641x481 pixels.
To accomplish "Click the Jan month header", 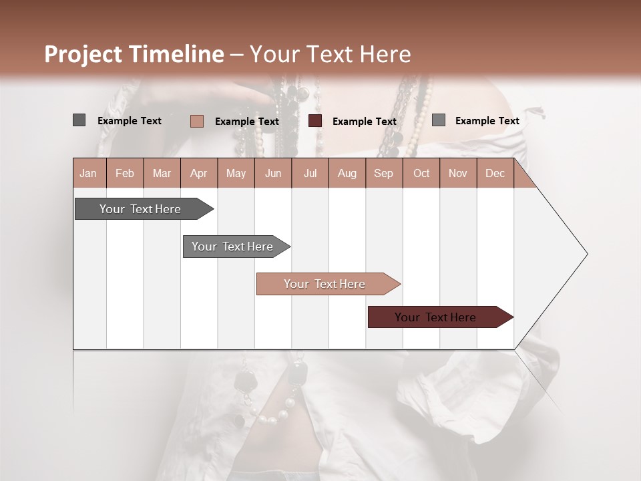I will [x=88, y=173].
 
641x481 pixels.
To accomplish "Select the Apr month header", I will [x=198, y=173].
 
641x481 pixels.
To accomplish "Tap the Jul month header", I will [x=310, y=173].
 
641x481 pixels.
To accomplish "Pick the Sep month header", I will [x=383, y=173].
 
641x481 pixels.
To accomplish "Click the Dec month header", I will [x=495, y=173].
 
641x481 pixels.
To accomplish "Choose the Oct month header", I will [x=421, y=173].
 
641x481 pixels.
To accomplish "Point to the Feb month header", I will [x=125, y=173].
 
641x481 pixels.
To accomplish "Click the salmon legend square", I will [x=196, y=121].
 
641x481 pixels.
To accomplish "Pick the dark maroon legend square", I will [x=315, y=121].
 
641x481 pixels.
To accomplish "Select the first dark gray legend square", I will [x=79, y=120].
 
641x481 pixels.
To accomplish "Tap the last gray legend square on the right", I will [x=439, y=120].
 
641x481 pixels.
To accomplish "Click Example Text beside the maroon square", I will [x=364, y=122].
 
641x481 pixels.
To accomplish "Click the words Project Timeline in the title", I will [x=134, y=54].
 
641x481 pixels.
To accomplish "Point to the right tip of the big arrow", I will [x=586, y=254].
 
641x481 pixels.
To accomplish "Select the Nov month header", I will [x=458, y=173].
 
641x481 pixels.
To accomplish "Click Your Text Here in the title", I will [x=331, y=54].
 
